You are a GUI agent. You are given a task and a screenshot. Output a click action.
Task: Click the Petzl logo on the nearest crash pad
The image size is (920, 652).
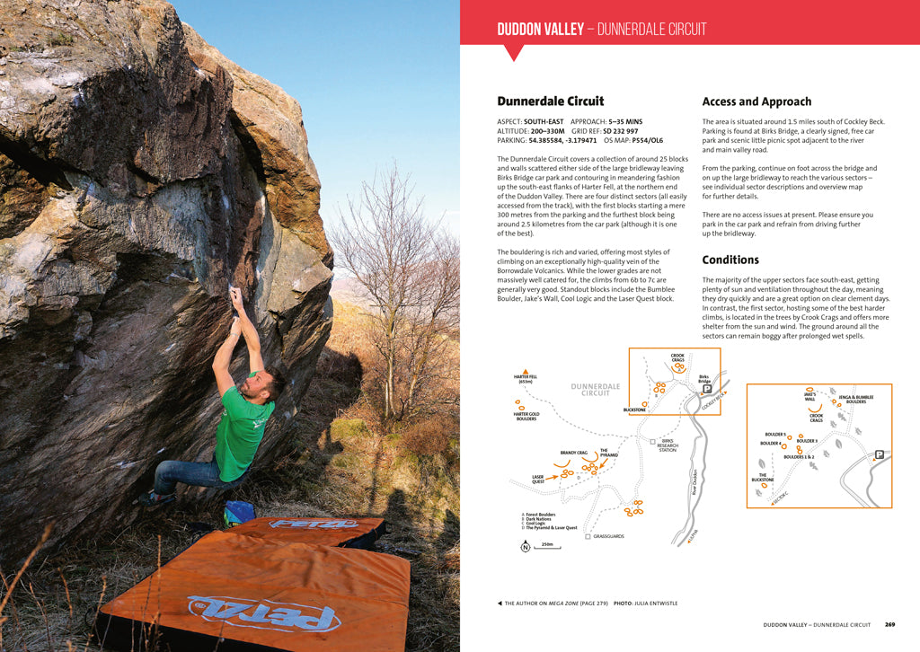tap(264, 612)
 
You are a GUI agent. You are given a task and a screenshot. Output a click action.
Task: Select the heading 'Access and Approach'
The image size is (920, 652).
tap(756, 101)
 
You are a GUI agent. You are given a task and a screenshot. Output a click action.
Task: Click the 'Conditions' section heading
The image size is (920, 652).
tap(730, 260)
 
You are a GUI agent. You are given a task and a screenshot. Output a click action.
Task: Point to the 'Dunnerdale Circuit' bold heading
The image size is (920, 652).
tap(551, 101)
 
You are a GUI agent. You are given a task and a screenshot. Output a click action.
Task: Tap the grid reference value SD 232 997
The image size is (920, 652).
tap(621, 130)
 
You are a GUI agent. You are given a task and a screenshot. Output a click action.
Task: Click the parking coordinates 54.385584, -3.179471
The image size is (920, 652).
tap(562, 140)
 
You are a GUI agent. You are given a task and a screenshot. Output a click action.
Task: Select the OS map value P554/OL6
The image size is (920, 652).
tap(647, 140)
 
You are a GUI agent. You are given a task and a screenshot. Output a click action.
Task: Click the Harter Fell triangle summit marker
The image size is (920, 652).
tap(526, 370)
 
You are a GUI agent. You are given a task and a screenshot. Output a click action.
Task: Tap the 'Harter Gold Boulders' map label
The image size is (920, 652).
tap(526, 416)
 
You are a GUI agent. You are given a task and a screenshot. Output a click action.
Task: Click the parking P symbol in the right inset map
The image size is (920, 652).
tap(879, 454)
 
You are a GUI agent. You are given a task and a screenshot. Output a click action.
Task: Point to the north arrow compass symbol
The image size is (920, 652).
tap(526, 547)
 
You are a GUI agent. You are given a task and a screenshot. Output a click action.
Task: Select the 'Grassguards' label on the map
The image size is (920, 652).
tap(607, 536)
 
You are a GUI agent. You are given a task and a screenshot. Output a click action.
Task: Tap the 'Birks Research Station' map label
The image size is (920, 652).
tap(668, 445)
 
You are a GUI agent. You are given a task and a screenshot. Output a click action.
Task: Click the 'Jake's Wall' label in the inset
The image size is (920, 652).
tap(809, 397)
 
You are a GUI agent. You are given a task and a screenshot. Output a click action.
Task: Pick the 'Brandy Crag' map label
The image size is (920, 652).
tap(574, 453)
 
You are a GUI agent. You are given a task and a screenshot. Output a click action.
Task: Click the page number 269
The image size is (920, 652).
tap(889, 624)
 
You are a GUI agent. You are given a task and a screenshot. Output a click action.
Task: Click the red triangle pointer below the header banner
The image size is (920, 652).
tap(514, 53)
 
